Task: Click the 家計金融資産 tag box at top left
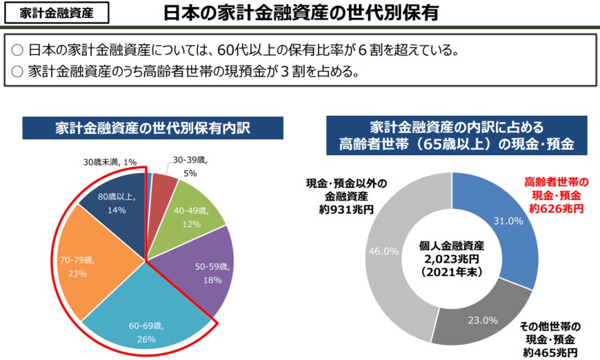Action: click(x=55, y=13)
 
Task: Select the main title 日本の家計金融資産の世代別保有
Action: click(x=299, y=13)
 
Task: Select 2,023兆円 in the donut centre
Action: click(x=452, y=258)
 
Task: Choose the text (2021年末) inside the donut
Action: click(x=452, y=270)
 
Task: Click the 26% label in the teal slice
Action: click(x=146, y=339)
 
